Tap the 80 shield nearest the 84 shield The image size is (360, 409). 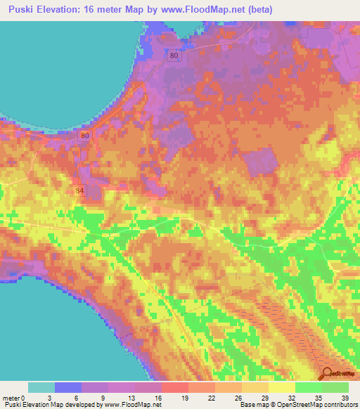coord(85,135)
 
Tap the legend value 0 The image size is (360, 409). coord(25,398)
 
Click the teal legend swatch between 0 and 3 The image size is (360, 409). coord(41,387)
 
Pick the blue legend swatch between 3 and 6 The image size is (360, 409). coord(68,387)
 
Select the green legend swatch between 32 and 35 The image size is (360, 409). coord(308,387)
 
